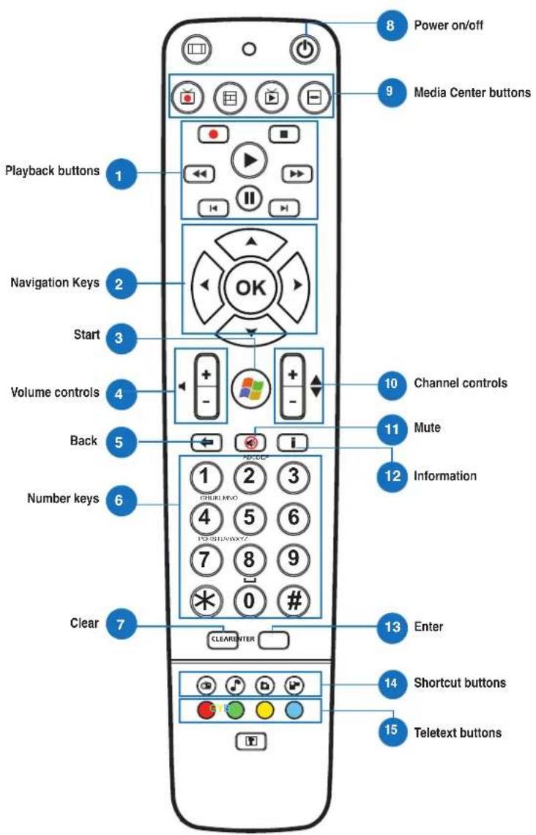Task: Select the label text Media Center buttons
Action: (472, 93)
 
